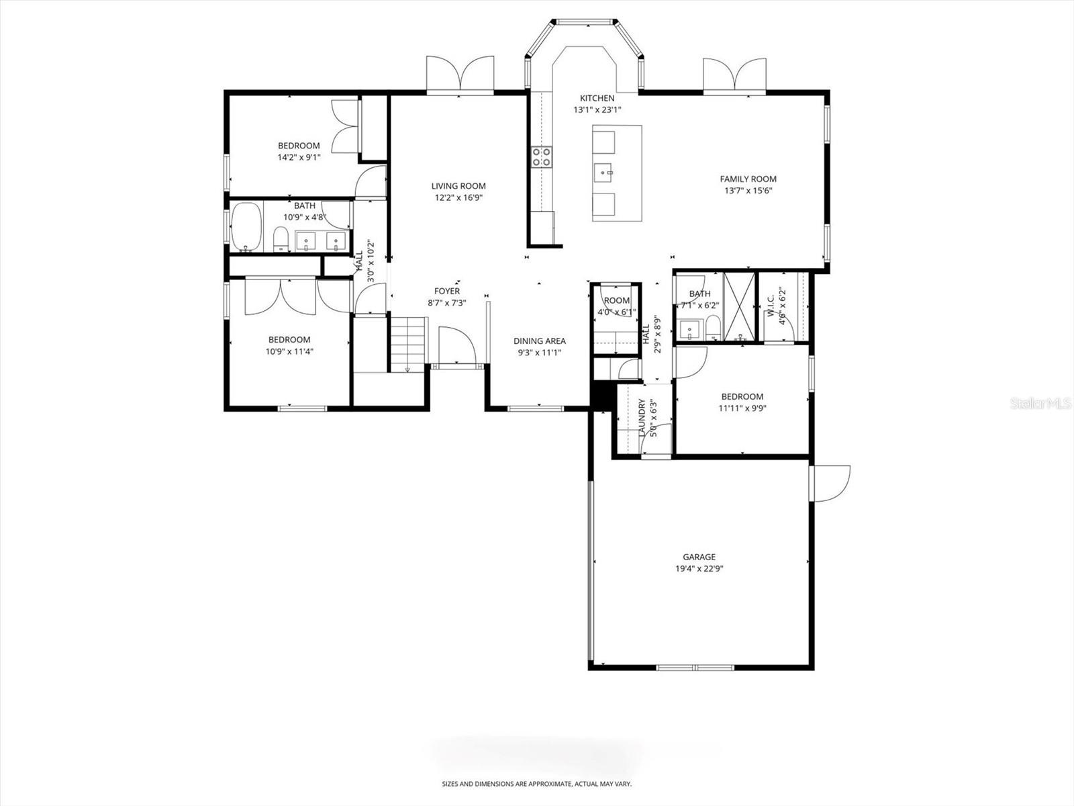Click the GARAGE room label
tap(699, 557)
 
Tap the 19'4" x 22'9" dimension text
tap(699, 568)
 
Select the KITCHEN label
tap(597, 98)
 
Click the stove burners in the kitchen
tap(542, 156)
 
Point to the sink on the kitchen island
tap(603, 173)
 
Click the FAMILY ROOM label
tap(748, 179)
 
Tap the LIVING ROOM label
tap(458, 186)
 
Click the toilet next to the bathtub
tap(281, 239)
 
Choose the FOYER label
tap(447, 291)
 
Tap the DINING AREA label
tap(539, 341)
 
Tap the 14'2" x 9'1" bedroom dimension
tap(299, 157)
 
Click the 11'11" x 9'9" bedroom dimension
tap(742, 408)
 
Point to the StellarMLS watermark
tap(1040, 403)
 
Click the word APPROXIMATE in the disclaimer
tap(544, 784)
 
